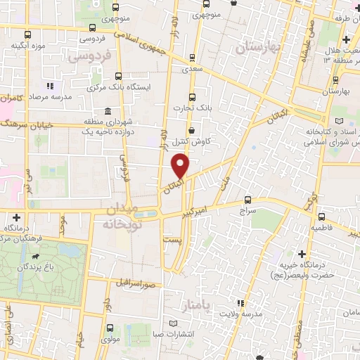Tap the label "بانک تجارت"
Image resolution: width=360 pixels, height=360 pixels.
tap(192, 108)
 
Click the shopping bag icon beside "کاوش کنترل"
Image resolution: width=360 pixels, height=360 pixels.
tap(192, 130)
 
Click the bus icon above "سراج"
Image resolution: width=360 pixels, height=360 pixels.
tap(247, 199)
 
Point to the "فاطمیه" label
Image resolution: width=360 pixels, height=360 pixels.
tap(322, 229)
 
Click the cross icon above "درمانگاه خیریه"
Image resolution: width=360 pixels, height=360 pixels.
tap(302, 253)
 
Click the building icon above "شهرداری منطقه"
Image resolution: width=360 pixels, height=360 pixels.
tap(107, 111)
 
